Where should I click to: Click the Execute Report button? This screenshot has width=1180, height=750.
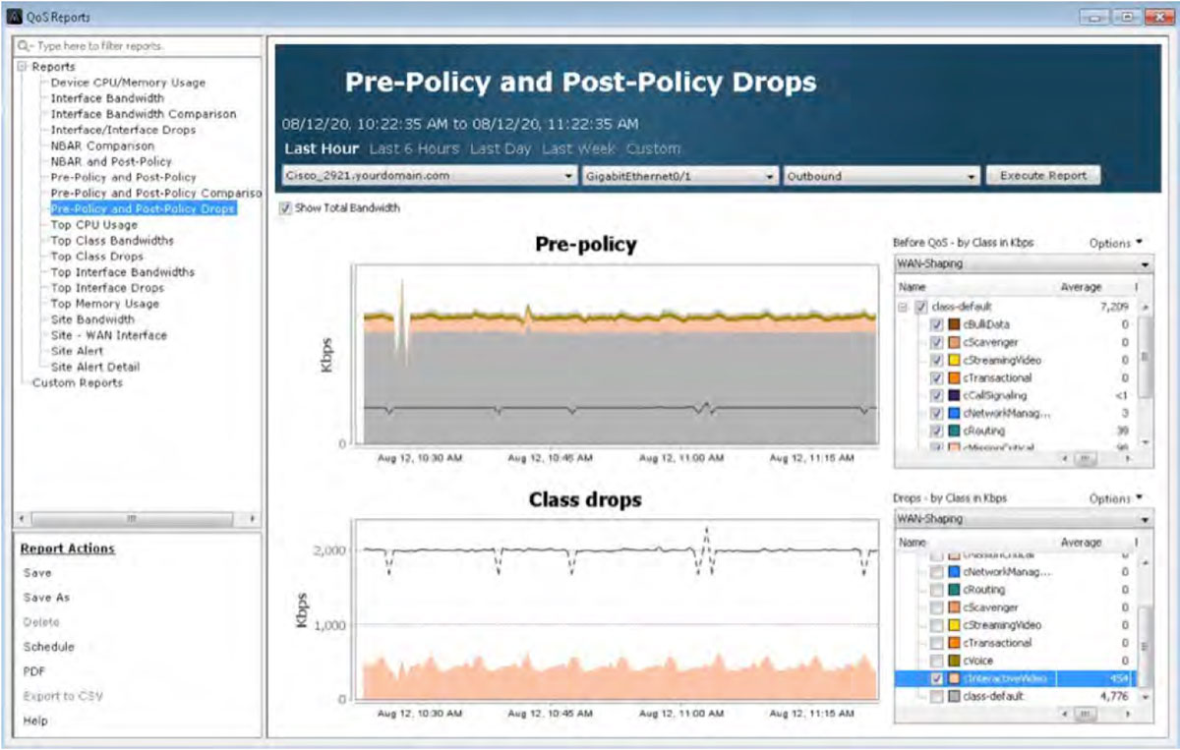(x=1043, y=176)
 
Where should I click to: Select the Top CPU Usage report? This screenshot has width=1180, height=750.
(x=93, y=224)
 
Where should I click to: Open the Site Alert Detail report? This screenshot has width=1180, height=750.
(x=95, y=367)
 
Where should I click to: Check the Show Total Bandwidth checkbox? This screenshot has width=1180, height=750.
(x=285, y=208)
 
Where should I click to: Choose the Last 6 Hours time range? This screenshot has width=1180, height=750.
(x=414, y=148)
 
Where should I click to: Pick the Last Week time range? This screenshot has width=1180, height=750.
(x=578, y=148)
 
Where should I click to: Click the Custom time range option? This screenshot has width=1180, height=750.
(x=653, y=148)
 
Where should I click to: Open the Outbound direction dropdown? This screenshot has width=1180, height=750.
(x=881, y=176)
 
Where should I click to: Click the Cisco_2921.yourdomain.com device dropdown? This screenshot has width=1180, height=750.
(x=429, y=176)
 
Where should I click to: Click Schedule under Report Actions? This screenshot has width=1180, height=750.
(x=49, y=647)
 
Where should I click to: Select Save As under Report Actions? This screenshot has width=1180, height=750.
(x=46, y=598)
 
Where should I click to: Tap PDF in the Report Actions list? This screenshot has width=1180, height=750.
(x=34, y=671)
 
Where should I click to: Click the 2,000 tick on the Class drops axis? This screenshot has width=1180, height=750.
(x=328, y=550)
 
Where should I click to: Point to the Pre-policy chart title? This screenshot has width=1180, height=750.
(x=585, y=245)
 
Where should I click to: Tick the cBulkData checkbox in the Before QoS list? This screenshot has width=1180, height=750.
(x=937, y=324)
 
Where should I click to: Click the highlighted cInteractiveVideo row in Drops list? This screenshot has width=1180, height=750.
(x=1013, y=678)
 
